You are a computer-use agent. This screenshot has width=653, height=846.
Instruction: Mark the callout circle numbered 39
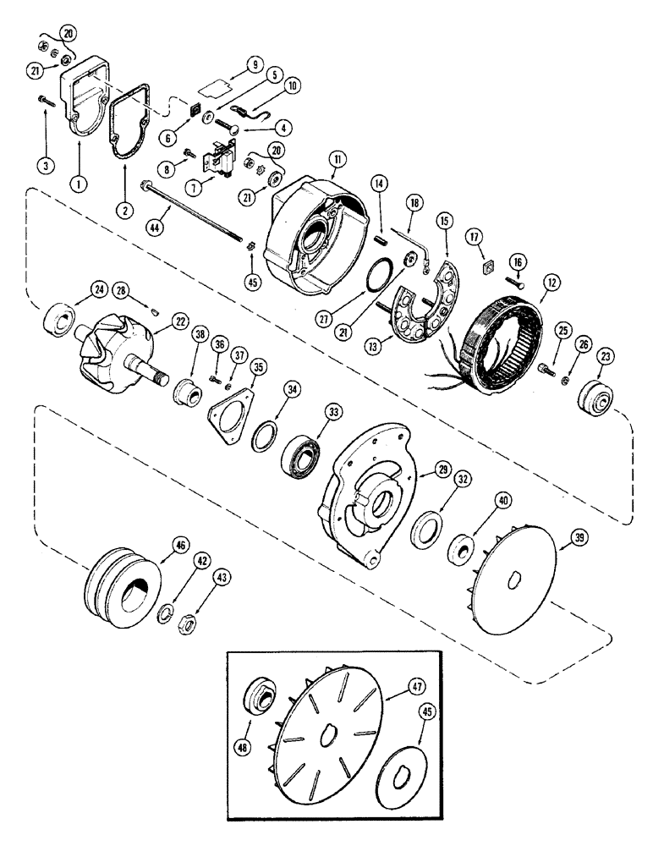[x=581, y=537]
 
